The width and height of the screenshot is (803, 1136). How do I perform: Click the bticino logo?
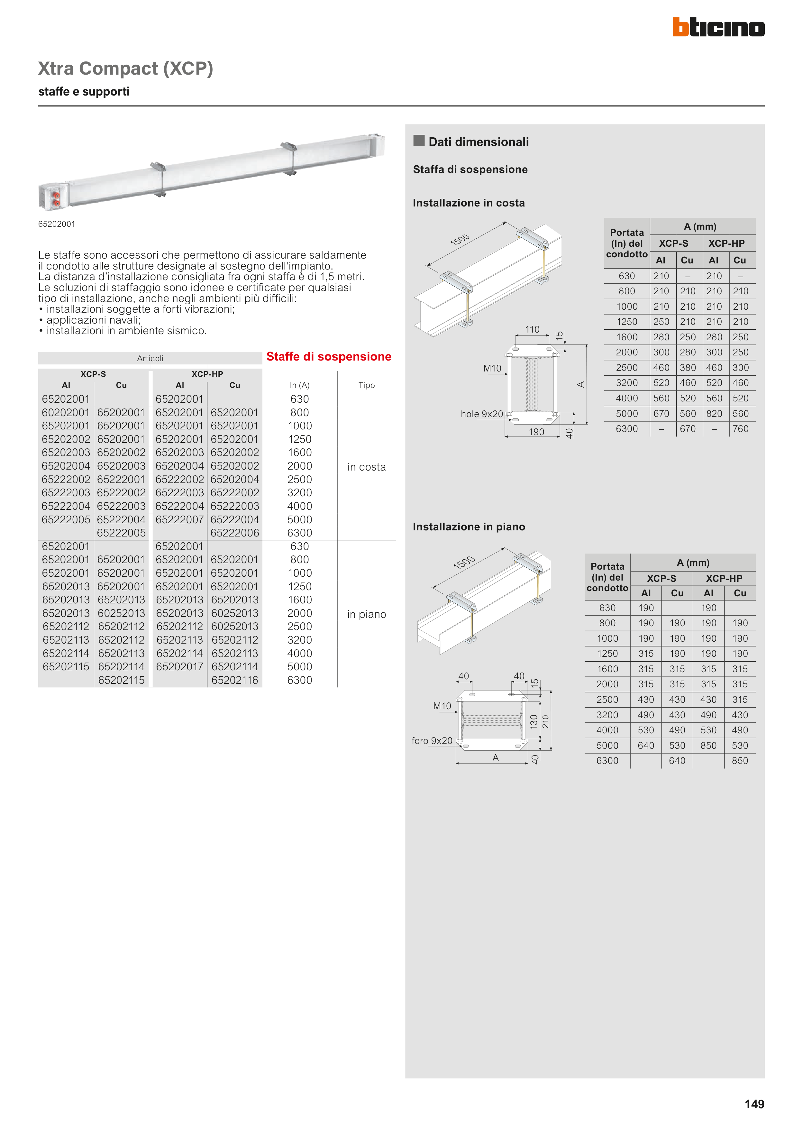click(x=718, y=27)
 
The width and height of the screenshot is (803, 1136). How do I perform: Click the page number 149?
click(x=754, y=1104)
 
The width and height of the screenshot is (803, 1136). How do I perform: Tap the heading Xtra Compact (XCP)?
click(x=126, y=68)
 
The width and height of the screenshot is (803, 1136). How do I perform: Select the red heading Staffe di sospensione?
click(x=329, y=357)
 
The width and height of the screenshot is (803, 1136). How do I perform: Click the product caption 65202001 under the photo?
click(x=57, y=224)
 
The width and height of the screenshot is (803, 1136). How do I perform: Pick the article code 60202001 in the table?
click(x=66, y=413)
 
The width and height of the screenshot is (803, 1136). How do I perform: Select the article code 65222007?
click(x=179, y=519)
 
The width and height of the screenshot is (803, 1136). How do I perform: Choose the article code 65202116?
click(x=234, y=680)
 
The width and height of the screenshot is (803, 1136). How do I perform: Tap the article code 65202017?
click(x=179, y=667)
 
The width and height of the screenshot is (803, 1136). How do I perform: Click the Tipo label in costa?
click(x=366, y=467)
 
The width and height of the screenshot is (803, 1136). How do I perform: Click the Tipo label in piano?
click(x=366, y=615)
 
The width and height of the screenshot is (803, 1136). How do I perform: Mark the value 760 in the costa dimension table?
click(x=740, y=429)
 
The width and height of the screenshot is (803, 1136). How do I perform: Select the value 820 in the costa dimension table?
click(x=714, y=414)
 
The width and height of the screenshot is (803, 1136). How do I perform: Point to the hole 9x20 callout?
click(x=481, y=414)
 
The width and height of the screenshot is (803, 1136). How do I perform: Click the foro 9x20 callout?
click(x=432, y=741)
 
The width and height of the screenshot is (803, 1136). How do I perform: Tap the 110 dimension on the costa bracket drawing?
click(x=532, y=330)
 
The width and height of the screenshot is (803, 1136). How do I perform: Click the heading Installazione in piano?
click(x=469, y=527)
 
